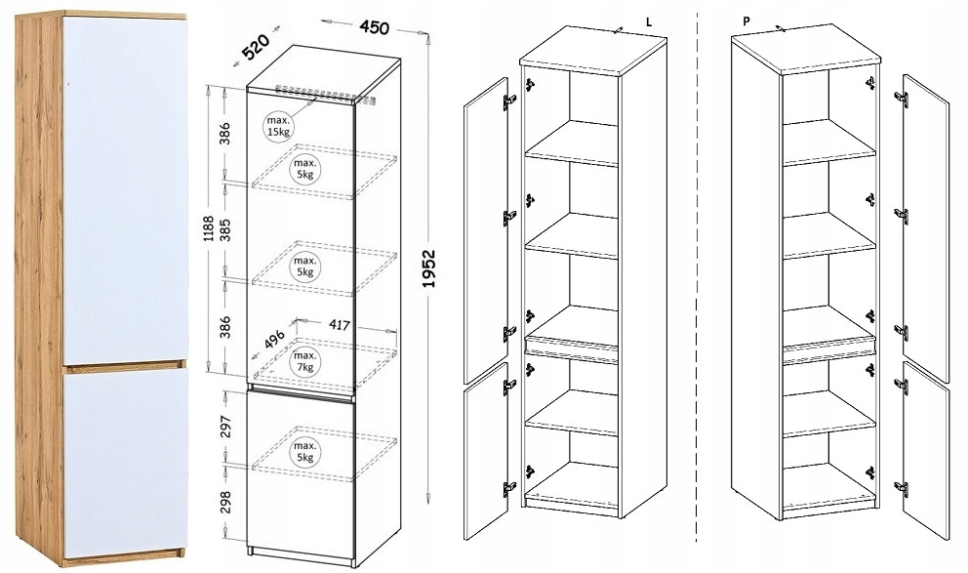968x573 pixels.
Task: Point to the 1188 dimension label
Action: click(207, 235)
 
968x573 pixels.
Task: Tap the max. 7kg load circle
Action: click(305, 361)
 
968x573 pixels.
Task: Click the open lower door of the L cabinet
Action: click(485, 454)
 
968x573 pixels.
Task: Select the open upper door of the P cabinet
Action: click(924, 215)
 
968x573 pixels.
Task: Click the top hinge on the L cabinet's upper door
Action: click(508, 101)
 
